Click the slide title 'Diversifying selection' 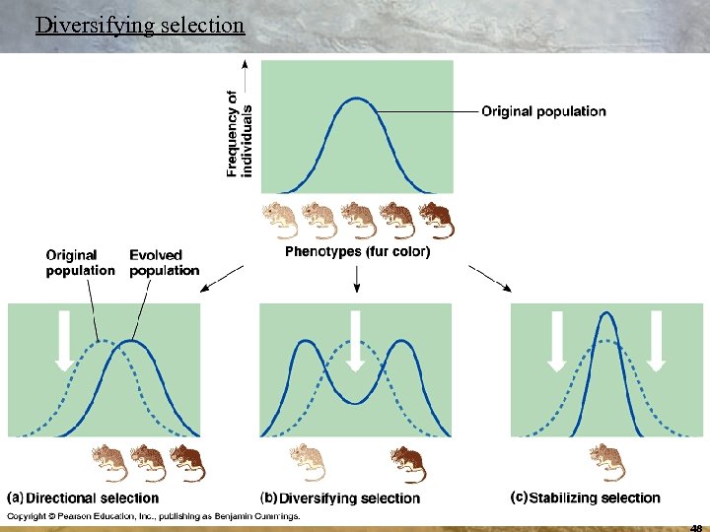[x=139, y=25]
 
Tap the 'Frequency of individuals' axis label [x=240, y=134]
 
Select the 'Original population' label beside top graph [x=543, y=111]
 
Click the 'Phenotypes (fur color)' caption [x=357, y=252]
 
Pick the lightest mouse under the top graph [x=280, y=220]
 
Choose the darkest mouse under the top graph [x=436, y=220]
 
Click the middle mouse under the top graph [x=358, y=220]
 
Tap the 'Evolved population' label [x=164, y=263]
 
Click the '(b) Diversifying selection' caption [x=340, y=499]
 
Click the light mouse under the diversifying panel [x=306, y=462]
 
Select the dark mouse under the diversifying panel [x=407, y=463]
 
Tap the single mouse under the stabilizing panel [x=606, y=461]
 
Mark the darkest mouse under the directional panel [x=186, y=462]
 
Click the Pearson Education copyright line [x=154, y=516]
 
